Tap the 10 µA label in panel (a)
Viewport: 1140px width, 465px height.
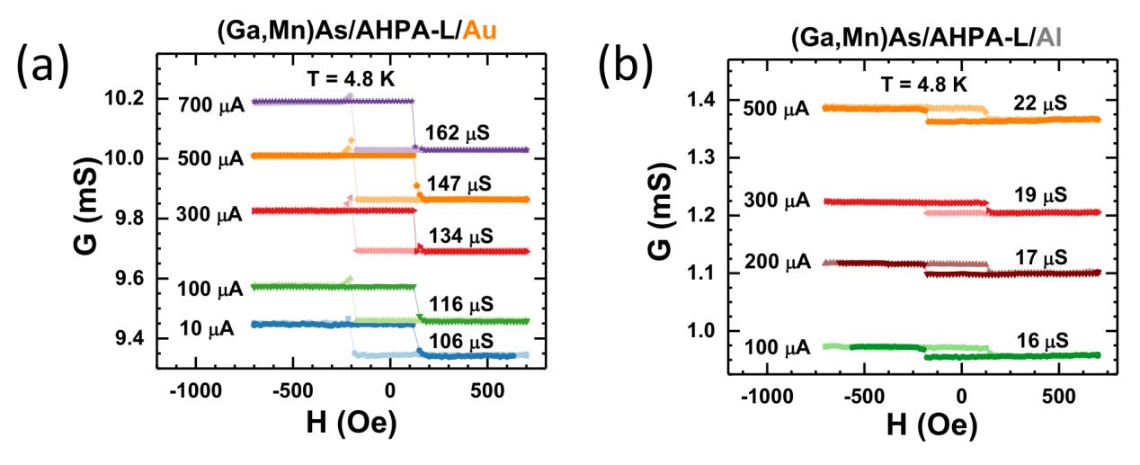click(206, 328)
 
